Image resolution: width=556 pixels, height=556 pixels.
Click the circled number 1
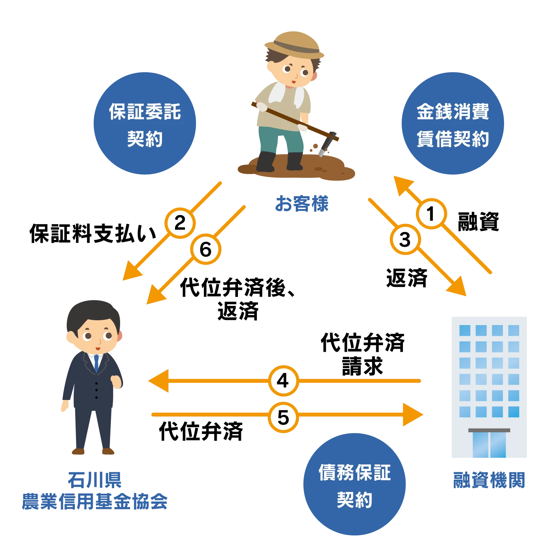click(x=431, y=214)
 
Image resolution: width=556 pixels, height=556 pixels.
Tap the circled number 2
click(x=180, y=223)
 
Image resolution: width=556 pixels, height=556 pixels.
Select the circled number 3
click(x=405, y=239)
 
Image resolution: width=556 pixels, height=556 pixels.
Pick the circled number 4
click(x=283, y=381)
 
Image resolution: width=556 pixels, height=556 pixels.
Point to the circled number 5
click(x=283, y=418)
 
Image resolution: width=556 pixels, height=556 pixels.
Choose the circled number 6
click(x=206, y=249)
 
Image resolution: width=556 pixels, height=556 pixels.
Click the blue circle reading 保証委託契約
click(x=145, y=123)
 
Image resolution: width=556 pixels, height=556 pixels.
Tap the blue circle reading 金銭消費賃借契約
click(x=453, y=123)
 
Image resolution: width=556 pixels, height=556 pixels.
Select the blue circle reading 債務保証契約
click(x=354, y=485)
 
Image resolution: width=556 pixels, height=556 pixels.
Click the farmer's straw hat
click(x=294, y=44)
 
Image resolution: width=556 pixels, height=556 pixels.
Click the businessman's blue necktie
click(x=97, y=363)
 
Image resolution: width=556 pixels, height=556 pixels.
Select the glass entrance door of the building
click(x=489, y=445)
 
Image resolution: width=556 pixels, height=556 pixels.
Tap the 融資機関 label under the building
click(x=489, y=481)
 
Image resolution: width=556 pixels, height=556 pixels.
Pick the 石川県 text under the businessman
click(x=94, y=480)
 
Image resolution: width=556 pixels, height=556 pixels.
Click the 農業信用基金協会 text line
click(x=94, y=501)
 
